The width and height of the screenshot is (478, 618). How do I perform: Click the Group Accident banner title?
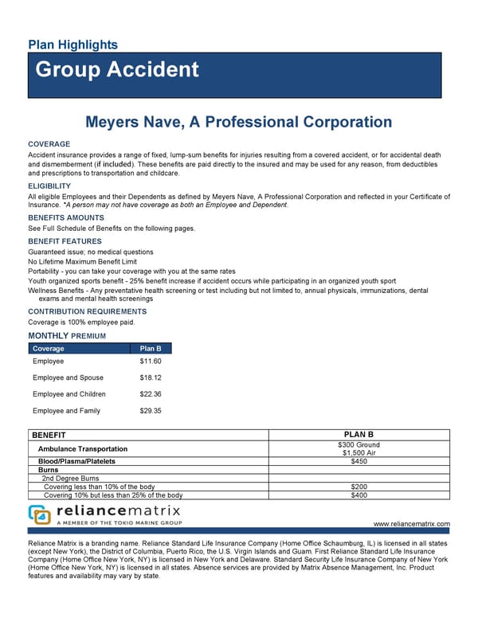[117, 69]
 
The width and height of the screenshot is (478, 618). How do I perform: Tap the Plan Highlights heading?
[72, 45]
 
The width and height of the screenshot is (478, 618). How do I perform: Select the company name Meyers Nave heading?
[238, 123]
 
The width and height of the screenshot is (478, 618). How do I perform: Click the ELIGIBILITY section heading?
[49, 186]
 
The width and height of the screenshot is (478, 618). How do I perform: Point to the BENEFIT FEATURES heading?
[65, 241]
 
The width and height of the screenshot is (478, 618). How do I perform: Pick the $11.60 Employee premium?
[151, 362]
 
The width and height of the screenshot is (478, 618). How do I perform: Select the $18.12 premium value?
[151, 378]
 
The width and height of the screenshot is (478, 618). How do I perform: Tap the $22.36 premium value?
[151, 394]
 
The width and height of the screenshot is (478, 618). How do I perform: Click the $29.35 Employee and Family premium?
[151, 411]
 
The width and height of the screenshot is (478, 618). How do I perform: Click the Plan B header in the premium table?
[151, 349]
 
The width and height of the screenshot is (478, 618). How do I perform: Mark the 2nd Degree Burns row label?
[71, 478]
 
